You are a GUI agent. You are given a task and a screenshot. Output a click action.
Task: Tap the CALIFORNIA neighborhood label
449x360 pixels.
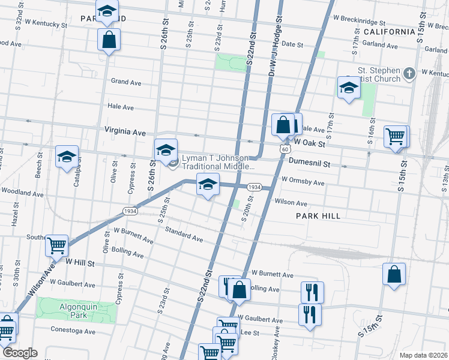tap(389, 31)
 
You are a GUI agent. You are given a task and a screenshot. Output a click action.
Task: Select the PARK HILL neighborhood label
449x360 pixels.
tap(318, 216)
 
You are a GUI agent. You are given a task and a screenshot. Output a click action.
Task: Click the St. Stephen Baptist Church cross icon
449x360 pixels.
tap(409, 74)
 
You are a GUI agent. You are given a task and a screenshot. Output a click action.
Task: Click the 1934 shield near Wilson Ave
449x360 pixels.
tap(130, 211)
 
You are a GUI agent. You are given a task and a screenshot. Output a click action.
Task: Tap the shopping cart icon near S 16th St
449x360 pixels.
tap(396, 136)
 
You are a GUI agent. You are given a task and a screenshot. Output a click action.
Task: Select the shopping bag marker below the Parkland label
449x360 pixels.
tap(110, 40)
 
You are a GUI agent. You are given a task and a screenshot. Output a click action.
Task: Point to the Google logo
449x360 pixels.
tap(19, 353)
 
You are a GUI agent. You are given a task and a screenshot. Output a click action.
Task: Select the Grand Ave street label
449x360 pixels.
tap(125, 82)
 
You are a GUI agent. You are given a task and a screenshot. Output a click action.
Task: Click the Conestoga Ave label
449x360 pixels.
tap(73, 331)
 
